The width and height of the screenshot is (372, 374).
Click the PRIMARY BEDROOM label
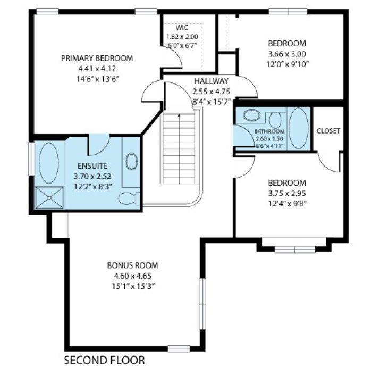point(97,59)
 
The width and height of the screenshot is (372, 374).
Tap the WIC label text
point(183,28)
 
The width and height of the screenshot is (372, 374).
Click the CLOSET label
point(328,131)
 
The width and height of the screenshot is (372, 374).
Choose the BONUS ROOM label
point(132,265)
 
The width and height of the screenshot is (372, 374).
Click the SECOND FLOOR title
point(104,361)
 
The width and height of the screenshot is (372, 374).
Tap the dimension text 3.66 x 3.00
point(286,54)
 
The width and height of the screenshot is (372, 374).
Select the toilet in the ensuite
point(128,199)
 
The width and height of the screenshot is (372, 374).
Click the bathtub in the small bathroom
point(298,128)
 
